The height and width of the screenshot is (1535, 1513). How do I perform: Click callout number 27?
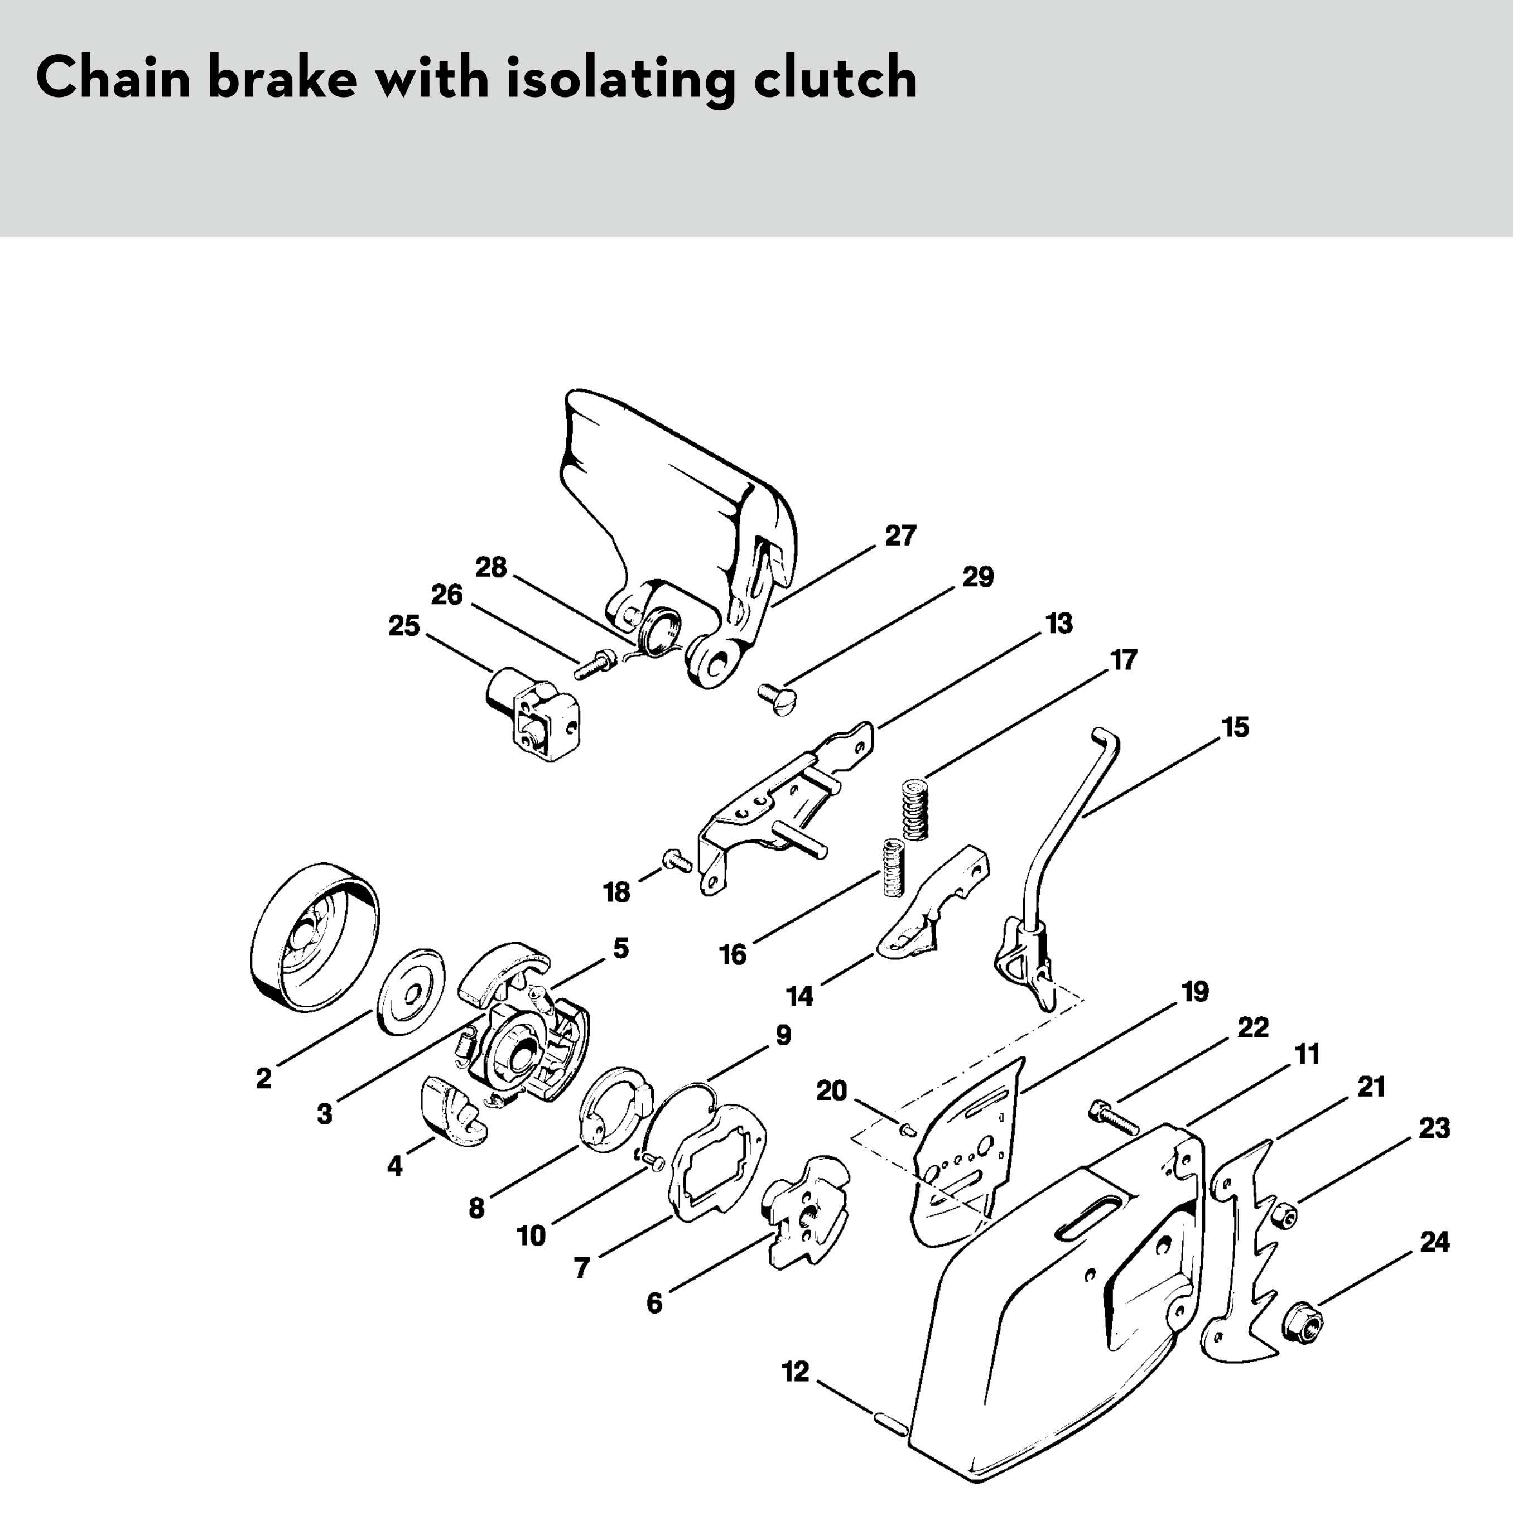click(x=900, y=535)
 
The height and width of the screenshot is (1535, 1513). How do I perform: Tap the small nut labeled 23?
click(x=1283, y=1214)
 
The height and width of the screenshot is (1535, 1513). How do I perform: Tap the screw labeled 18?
click(x=677, y=859)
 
